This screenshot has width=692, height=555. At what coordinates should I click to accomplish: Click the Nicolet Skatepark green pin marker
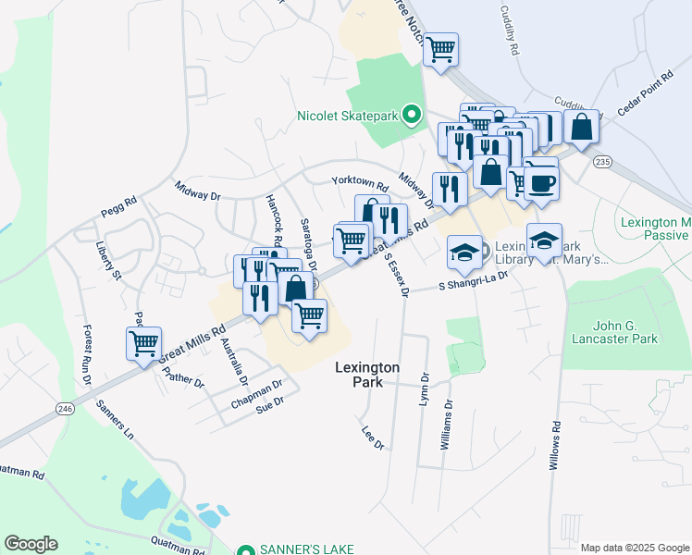click(x=414, y=116)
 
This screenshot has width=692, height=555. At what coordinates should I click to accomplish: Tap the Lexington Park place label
click(x=367, y=374)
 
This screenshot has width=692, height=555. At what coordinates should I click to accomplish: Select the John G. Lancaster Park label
click(x=612, y=331)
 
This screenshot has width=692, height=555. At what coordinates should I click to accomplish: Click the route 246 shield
click(x=64, y=408)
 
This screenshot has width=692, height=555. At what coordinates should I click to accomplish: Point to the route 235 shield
click(x=603, y=162)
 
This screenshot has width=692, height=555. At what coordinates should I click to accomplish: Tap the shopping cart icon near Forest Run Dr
click(x=143, y=343)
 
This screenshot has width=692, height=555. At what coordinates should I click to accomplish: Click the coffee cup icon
click(x=541, y=181)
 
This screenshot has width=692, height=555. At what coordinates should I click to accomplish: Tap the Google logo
click(x=31, y=544)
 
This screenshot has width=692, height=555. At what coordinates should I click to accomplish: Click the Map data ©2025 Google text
click(x=635, y=548)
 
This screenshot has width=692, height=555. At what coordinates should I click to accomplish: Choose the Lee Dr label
click(x=372, y=437)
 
